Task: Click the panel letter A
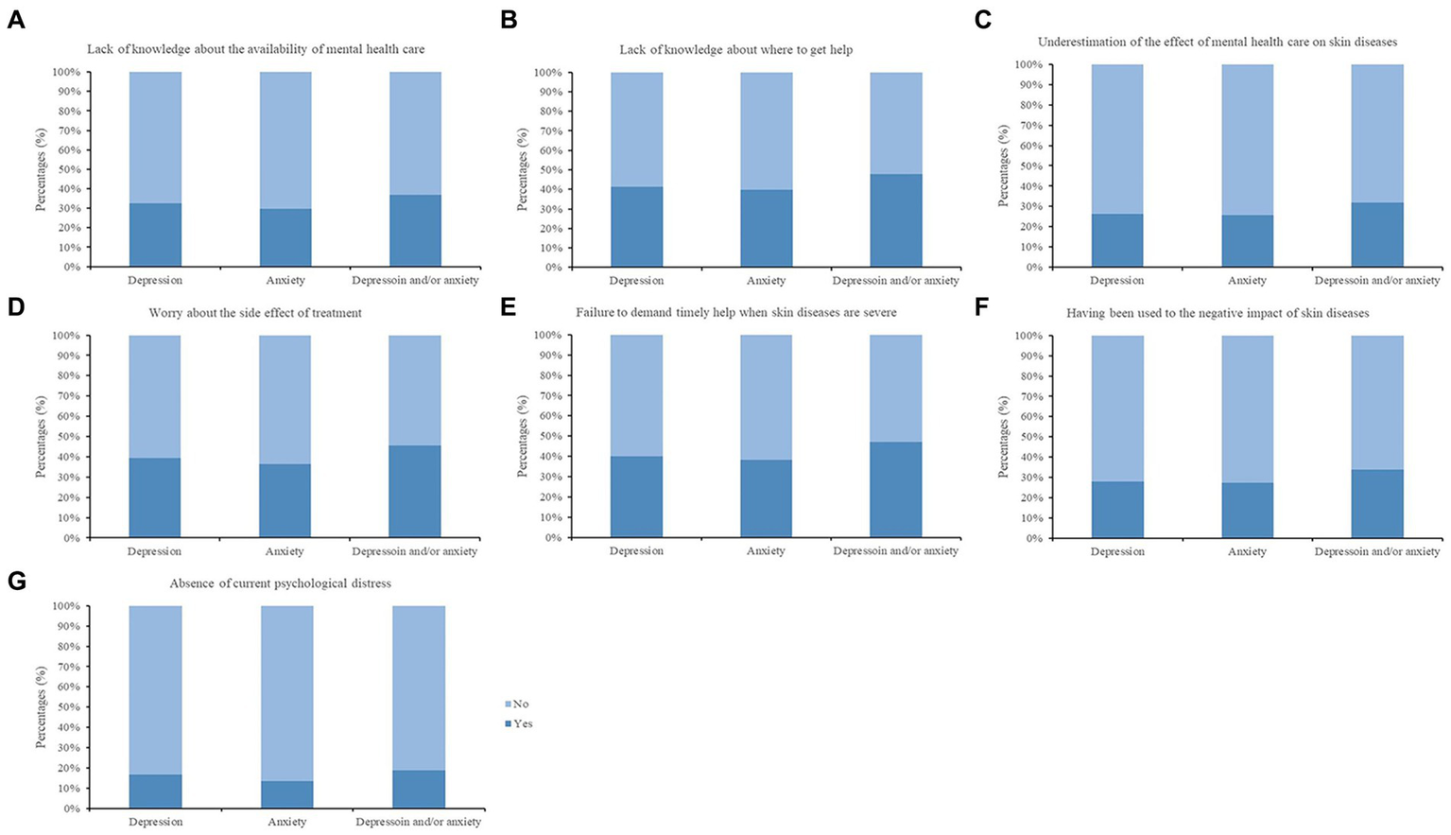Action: pyautogui.click(x=16, y=20)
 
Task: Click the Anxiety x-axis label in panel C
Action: pyautogui.click(x=1247, y=281)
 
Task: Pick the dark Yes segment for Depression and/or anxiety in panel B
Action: pyautogui.click(x=895, y=220)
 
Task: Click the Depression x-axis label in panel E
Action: pyautogui.click(x=636, y=551)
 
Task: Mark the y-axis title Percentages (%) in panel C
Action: pyautogui.click(x=1004, y=166)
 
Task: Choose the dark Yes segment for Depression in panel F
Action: pyautogui.click(x=1117, y=510)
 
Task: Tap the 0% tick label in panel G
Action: pyautogui.click(x=72, y=809)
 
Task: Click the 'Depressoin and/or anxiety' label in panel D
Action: pyautogui.click(x=414, y=551)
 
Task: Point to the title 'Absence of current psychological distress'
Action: pyautogui.click(x=280, y=583)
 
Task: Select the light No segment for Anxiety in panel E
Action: pyautogui.click(x=766, y=397)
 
